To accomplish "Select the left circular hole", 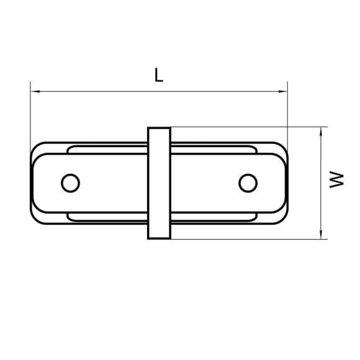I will pyautogui.click(x=71, y=183).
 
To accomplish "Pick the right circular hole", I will pyautogui.click(x=248, y=183).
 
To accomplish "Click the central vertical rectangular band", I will pyautogui.click(x=159, y=183).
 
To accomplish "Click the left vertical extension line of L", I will pyautogui.click(x=30, y=112).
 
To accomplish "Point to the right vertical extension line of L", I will pyautogui.click(x=288, y=112).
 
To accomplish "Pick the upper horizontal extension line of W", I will pyautogui.click(x=248, y=128).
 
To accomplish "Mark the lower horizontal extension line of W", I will pyautogui.click(x=248, y=238).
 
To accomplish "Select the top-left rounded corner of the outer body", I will pyautogui.click(x=35, y=148).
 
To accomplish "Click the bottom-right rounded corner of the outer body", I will pyautogui.click(x=282, y=218).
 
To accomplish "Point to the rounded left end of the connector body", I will pyautogui.click(x=31, y=183).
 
